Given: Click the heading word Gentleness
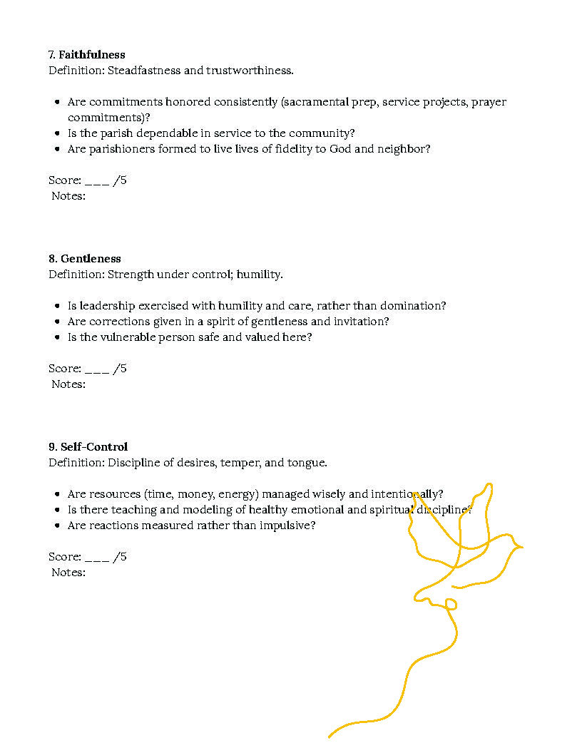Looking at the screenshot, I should (x=91, y=259).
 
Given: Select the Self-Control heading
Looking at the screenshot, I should (x=93, y=447).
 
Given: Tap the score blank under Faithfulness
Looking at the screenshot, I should (x=97, y=181).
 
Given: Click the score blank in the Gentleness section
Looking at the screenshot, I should (x=97, y=369).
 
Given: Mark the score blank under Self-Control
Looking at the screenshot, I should (x=97, y=558).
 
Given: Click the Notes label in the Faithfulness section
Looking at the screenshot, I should (x=68, y=196).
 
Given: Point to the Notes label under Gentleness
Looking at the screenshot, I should (x=68, y=384).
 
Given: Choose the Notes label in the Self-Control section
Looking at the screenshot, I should (x=68, y=573).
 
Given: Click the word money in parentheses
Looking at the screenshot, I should (x=196, y=494).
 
